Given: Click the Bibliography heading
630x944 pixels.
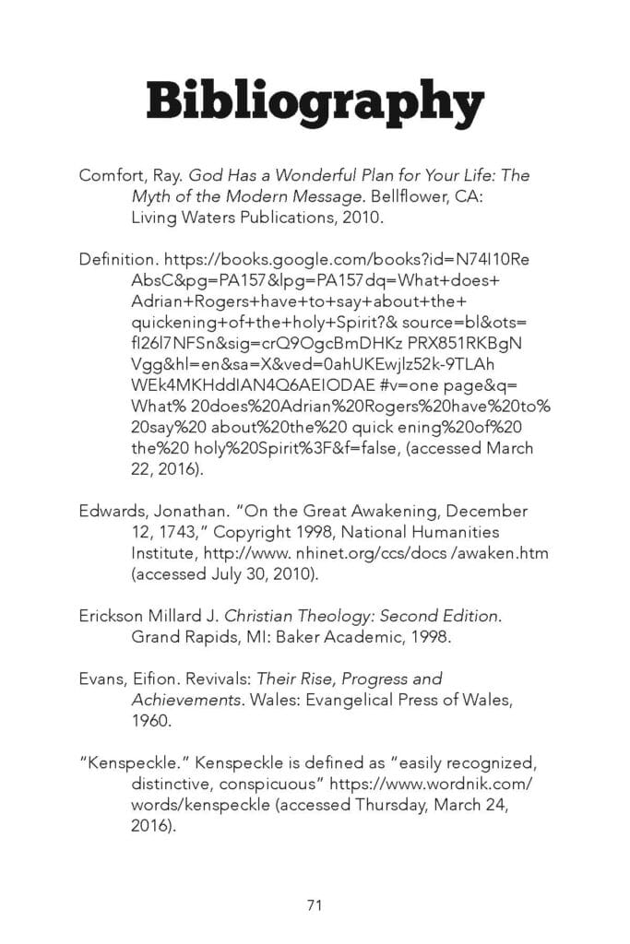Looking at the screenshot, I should [x=315, y=100].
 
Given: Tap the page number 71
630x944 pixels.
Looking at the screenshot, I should [x=315, y=905].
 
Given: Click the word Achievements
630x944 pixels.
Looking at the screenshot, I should [x=184, y=701].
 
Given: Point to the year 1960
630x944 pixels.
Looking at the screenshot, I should [x=151, y=722].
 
